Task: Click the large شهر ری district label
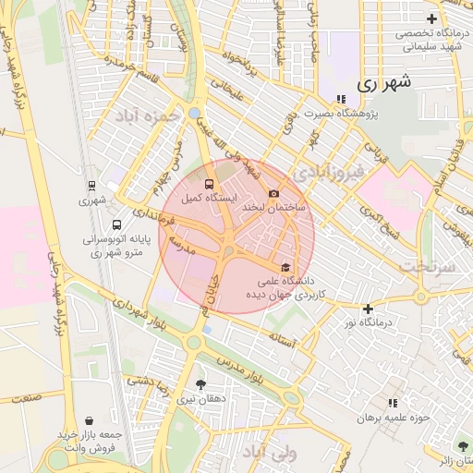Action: [x=381, y=83]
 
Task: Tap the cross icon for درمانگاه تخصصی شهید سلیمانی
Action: [x=431, y=18]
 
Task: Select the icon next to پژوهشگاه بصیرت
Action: [x=341, y=99]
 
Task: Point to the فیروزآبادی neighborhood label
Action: [x=328, y=173]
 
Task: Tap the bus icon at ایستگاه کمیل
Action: [x=210, y=184]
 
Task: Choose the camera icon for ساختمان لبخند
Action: [x=273, y=193]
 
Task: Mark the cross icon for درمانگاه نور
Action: [x=369, y=309]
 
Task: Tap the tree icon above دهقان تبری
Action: [x=201, y=384]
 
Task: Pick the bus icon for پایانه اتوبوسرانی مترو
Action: [x=115, y=224]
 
